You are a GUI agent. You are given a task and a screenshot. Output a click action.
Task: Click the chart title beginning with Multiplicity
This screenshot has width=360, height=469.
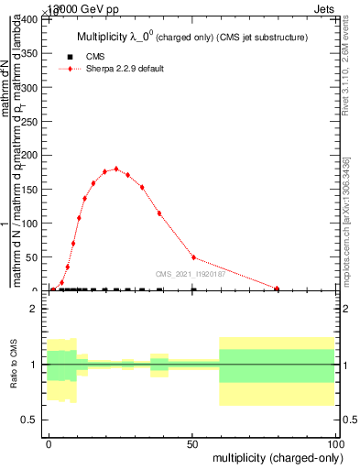[x=191, y=38]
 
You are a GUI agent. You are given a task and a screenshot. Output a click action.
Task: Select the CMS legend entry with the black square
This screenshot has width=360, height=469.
[x=96, y=57]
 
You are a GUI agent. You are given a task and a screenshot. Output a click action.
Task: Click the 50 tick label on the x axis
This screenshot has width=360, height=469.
[x=192, y=442]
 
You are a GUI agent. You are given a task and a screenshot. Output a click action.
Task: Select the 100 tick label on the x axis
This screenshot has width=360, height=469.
[x=334, y=442]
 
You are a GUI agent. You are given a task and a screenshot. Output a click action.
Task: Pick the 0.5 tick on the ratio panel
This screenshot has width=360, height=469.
[x=29, y=420]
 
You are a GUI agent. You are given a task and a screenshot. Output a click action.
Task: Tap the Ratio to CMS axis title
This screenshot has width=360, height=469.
[x=14, y=364]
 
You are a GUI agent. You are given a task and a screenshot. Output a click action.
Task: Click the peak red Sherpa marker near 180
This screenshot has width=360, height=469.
[x=116, y=169]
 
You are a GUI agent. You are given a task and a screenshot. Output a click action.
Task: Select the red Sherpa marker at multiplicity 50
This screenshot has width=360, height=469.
[x=193, y=257]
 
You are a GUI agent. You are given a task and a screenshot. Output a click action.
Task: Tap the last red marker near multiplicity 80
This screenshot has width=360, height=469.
[x=277, y=289]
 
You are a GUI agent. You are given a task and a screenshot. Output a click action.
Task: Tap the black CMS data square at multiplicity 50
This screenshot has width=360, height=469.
[x=193, y=289]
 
